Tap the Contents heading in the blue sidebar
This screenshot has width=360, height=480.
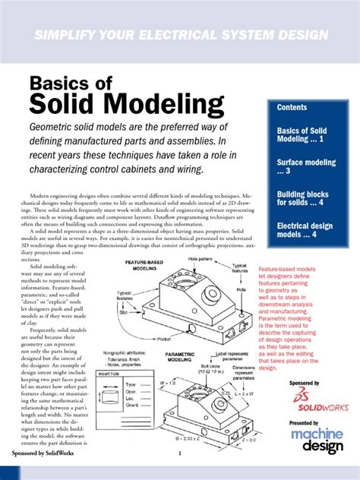click(292, 108)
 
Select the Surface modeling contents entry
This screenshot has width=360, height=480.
click(305, 167)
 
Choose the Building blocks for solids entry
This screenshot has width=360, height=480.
click(303, 199)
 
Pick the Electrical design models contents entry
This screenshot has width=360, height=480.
click(308, 231)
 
